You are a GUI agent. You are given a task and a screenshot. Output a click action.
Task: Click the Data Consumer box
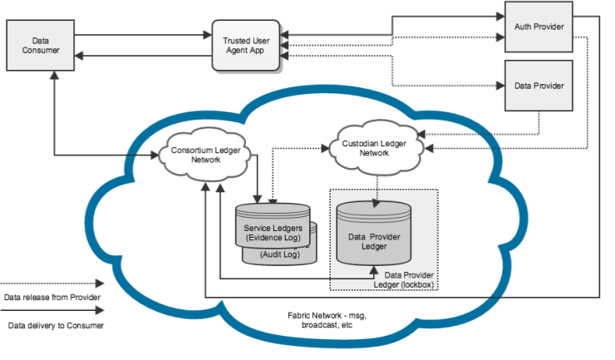40,45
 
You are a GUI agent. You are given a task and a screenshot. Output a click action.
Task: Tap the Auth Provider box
539,27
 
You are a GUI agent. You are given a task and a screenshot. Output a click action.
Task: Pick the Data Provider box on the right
539,86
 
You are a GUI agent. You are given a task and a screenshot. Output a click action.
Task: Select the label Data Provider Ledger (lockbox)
406,280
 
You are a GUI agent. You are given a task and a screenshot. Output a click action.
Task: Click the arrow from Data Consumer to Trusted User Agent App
141,35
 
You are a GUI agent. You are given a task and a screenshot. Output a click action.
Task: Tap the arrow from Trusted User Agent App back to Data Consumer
141,55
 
